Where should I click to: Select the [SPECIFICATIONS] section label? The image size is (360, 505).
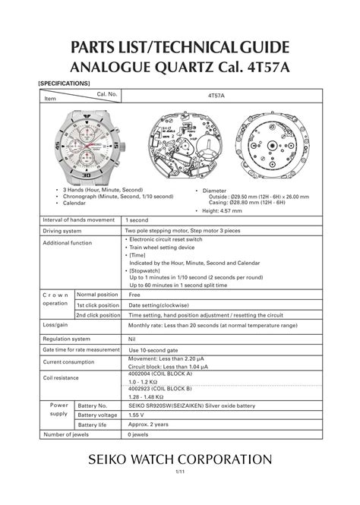tap(64, 83)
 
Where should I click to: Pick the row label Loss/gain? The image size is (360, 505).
tap(55, 325)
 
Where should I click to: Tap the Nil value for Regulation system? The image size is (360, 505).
tap(132, 339)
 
